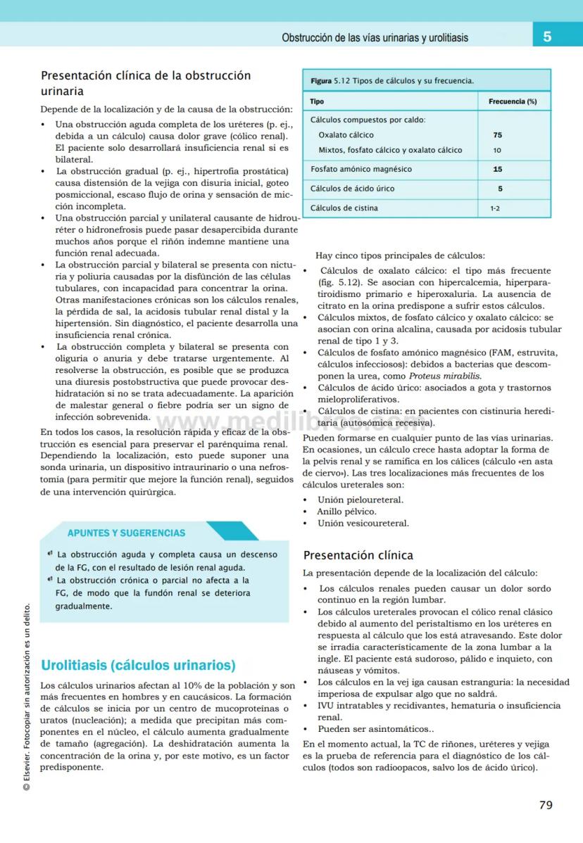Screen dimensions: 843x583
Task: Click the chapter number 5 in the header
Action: click(547, 37)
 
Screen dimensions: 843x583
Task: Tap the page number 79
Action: click(546, 806)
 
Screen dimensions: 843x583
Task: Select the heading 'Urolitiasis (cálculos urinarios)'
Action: click(138, 665)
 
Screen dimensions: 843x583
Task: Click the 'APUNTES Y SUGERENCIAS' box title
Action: click(127, 533)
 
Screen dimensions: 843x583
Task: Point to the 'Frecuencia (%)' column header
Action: click(513, 101)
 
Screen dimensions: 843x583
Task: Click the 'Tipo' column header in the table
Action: click(318, 101)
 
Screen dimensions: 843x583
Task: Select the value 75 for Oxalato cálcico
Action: click(498, 134)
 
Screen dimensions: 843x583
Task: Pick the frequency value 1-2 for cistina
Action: click(495, 208)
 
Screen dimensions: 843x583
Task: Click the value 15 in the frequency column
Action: click(498, 169)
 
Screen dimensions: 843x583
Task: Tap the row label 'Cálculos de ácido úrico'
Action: click(352, 189)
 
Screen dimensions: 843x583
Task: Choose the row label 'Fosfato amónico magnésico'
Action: click(361, 169)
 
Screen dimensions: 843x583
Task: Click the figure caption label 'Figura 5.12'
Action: click(330, 81)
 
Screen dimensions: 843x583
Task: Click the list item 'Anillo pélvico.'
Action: click(346, 512)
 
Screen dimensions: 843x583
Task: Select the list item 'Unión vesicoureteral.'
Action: click(363, 523)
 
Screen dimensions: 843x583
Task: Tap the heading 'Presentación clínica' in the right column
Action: click(358, 555)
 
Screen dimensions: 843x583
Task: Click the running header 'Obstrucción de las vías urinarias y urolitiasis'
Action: click(375, 37)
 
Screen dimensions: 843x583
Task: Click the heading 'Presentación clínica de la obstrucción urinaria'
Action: click(146, 83)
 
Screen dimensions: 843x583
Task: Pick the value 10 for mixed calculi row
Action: click(497, 150)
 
